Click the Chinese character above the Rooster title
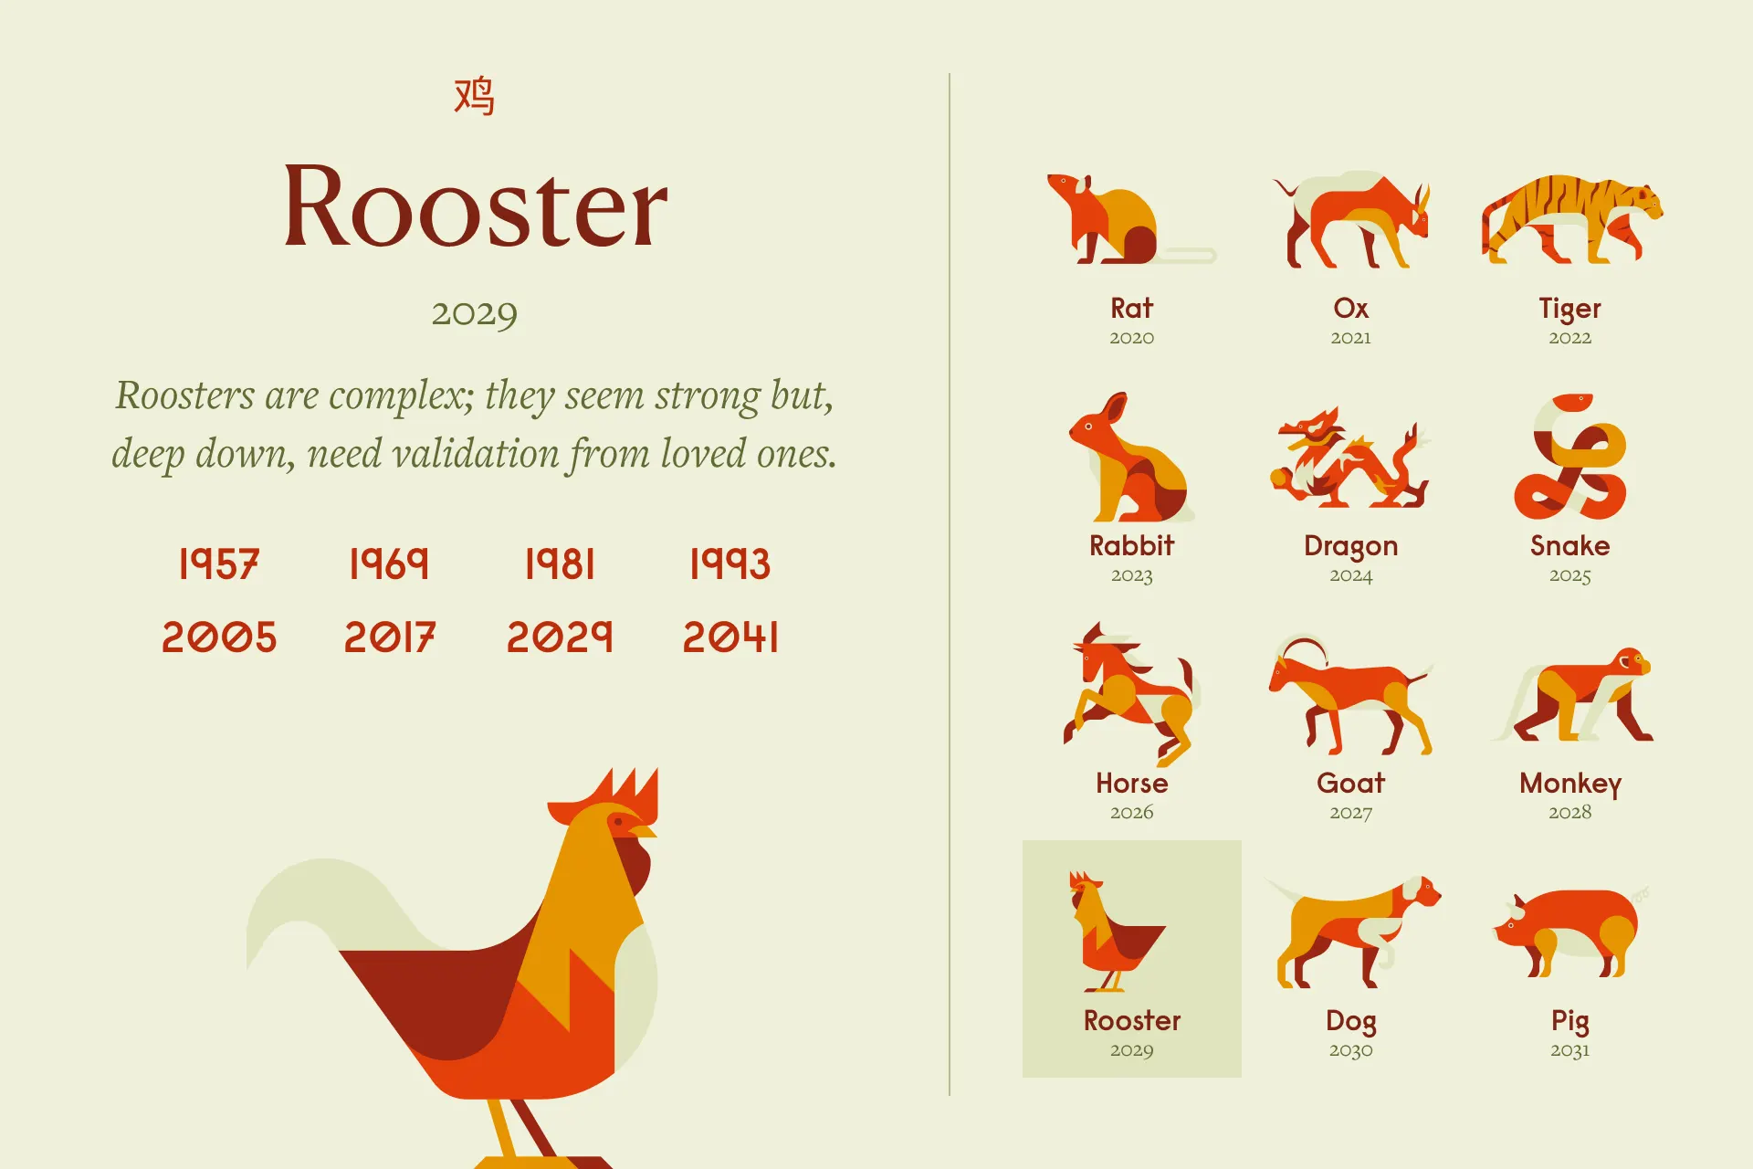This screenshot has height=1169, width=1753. click(x=474, y=97)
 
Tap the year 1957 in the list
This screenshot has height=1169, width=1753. click(x=219, y=563)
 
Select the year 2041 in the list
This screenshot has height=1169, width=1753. click(x=730, y=637)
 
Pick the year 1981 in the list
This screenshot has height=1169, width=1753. click(x=560, y=563)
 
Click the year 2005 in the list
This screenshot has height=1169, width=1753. click(x=219, y=637)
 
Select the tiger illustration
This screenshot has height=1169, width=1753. click(x=1570, y=219)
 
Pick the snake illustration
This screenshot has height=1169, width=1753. click(x=1570, y=457)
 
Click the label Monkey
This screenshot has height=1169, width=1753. click(x=1570, y=784)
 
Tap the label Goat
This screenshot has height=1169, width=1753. click(x=1350, y=783)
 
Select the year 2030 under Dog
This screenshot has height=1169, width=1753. click(x=1350, y=1050)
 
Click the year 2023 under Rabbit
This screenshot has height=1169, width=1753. click(x=1131, y=575)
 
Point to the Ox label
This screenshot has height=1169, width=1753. click(x=1350, y=308)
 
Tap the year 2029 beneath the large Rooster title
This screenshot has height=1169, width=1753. click(x=474, y=314)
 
